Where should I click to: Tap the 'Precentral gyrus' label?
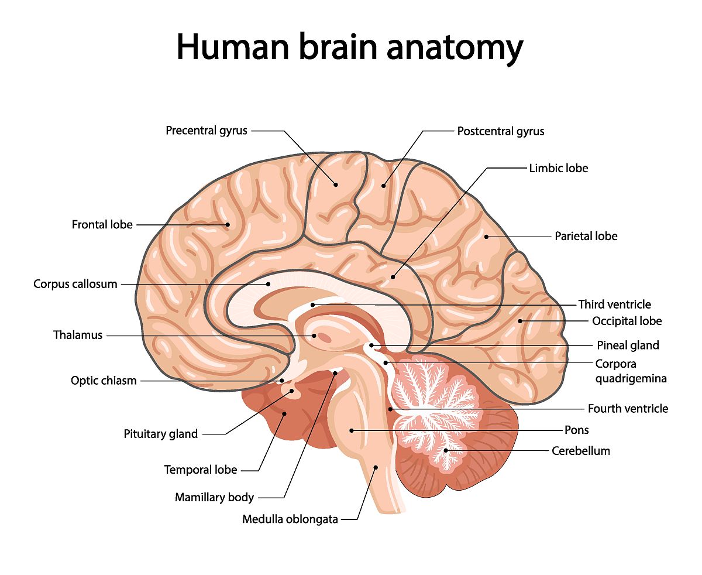pyautogui.click(x=207, y=131)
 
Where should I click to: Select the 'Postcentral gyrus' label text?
pyautogui.click(x=501, y=131)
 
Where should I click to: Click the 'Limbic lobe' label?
pyautogui.click(x=559, y=169)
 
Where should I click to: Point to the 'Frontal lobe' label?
pyautogui.click(x=102, y=225)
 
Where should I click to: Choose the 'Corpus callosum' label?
pyautogui.click(x=75, y=285)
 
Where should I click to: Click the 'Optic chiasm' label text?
pyautogui.click(x=104, y=381)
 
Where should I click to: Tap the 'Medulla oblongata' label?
pyautogui.click(x=290, y=519)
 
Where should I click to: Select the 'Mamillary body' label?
pyautogui.click(x=214, y=498)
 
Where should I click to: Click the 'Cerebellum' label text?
pyautogui.click(x=581, y=451)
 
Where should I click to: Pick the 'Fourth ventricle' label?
pyautogui.click(x=628, y=409)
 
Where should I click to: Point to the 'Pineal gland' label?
pyautogui.click(x=628, y=345)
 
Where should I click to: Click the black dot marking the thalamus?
pyautogui.click(x=315, y=336)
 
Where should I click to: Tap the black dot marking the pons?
pyautogui.click(x=352, y=430)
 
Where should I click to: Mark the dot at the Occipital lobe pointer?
pyautogui.click(x=520, y=321)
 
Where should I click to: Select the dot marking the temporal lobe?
pyautogui.click(x=284, y=414)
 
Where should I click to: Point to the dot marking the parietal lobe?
pyautogui.click(x=486, y=237)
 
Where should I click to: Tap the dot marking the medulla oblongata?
pyautogui.click(x=376, y=467)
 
